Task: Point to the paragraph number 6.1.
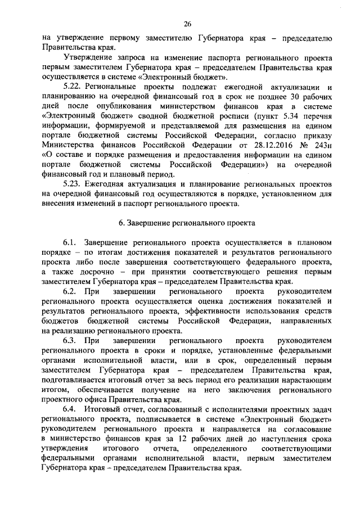point(70,242)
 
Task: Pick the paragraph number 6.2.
point(70,292)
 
